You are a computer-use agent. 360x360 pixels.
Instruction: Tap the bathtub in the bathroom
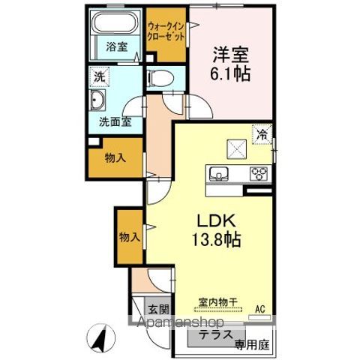coord(115,26)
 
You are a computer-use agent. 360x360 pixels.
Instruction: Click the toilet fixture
coord(159,78)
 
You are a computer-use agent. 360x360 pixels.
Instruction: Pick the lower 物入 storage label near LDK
coord(129,237)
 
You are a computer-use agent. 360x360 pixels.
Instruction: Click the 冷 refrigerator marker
coord(262,135)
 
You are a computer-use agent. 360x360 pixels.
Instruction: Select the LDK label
coord(217,222)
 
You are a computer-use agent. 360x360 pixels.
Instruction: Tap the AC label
coord(260,308)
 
